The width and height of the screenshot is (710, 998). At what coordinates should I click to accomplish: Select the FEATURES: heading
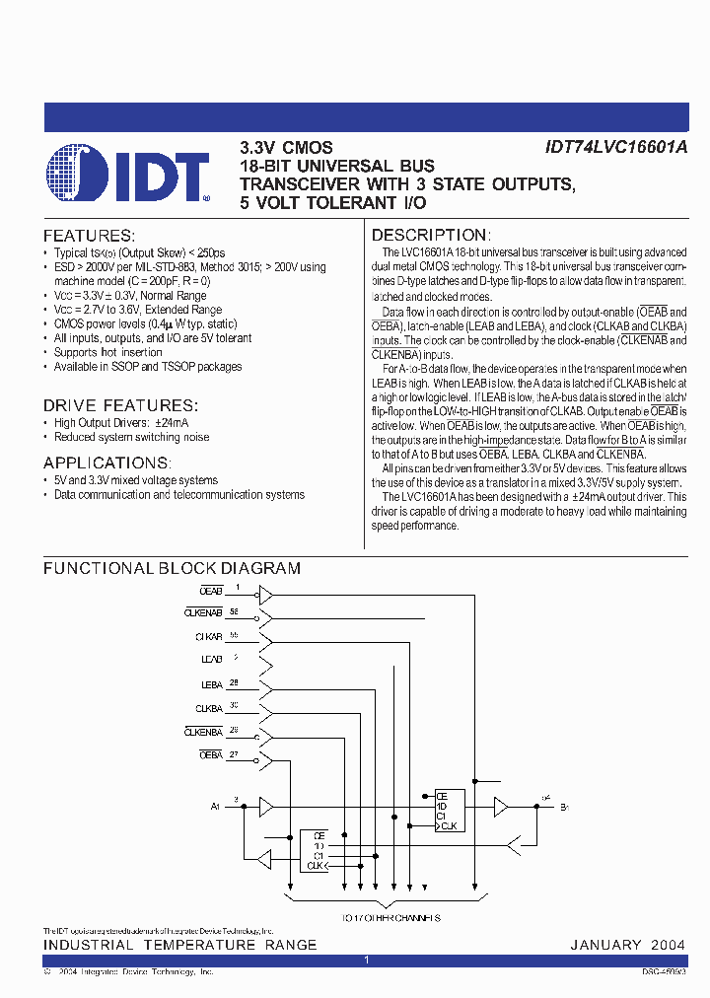(x=89, y=236)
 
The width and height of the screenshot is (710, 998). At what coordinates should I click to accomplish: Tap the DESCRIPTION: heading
(x=430, y=236)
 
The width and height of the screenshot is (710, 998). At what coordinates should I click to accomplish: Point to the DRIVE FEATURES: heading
(x=120, y=405)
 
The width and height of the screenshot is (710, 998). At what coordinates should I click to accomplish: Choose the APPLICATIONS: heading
(x=106, y=463)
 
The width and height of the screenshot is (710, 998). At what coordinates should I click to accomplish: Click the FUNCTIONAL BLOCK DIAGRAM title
(x=172, y=568)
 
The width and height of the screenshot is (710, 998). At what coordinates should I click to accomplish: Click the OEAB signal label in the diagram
(x=211, y=590)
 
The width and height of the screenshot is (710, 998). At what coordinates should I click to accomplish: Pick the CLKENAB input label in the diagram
(x=204, y=613)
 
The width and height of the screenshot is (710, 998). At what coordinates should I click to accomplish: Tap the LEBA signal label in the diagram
(x=212, y=684)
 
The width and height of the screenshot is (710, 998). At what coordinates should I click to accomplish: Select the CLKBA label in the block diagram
(x=209, y=708)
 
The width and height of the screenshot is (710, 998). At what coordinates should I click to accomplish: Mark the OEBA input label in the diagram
(x=211, y=755)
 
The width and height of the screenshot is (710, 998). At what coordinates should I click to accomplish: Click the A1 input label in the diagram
(x=215, y=807)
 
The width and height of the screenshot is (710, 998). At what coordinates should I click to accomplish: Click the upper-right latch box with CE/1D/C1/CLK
(x=450, y=811)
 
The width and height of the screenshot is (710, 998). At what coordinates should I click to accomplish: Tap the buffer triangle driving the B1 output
(x=501, y=807)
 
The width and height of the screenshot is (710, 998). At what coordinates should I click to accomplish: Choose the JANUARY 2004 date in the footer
(x=627, y=945)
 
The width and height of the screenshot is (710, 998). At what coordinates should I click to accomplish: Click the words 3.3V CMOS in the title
(x=286, y=147)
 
